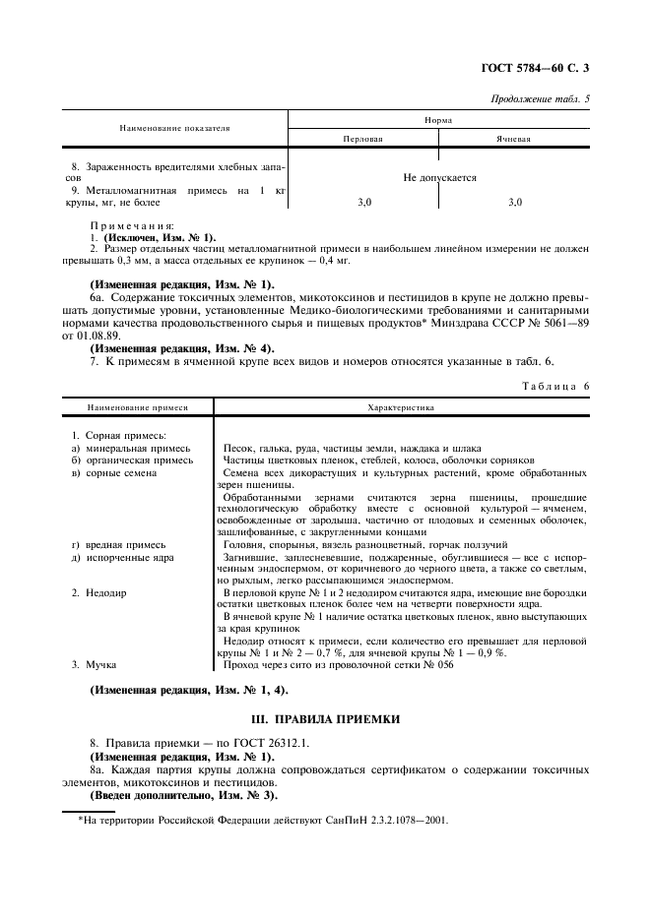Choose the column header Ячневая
513,140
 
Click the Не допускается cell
439,178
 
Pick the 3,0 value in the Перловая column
363,202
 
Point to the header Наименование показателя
174,128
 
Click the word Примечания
132,226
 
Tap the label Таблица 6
554,387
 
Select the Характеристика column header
401,405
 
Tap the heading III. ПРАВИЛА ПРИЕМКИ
325,719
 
